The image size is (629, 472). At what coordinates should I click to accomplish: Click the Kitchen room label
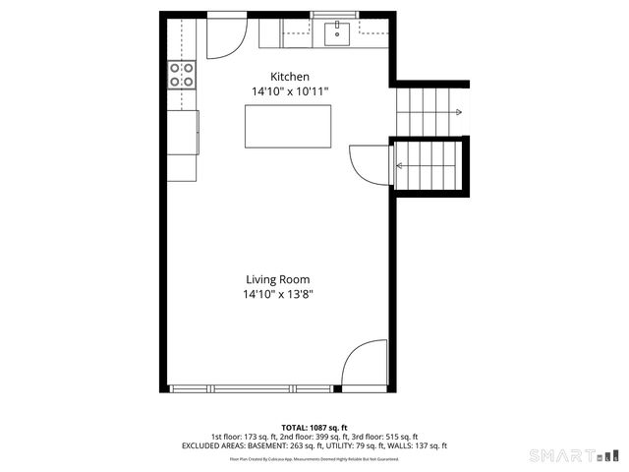click(x=290, y=77)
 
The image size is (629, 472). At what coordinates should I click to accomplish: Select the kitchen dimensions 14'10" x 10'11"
click(x=290, y=91)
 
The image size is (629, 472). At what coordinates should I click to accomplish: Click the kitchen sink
click(x=337, y=34)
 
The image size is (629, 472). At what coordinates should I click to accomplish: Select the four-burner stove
click(x=182, y=75)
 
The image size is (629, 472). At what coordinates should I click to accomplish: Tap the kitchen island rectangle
click(x=287, y=126)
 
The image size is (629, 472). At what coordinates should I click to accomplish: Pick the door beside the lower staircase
click(x=368, y=162)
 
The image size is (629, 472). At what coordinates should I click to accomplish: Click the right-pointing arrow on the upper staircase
click(x=457, y=113)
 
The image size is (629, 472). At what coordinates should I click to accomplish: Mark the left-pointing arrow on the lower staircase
click(x=401, y=165)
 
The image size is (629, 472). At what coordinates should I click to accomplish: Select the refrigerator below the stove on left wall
click(x=183, y=132)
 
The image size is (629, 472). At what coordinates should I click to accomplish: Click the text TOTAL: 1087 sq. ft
click(x=314, y=427)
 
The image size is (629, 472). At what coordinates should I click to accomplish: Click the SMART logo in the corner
click(x=572, y=455)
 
